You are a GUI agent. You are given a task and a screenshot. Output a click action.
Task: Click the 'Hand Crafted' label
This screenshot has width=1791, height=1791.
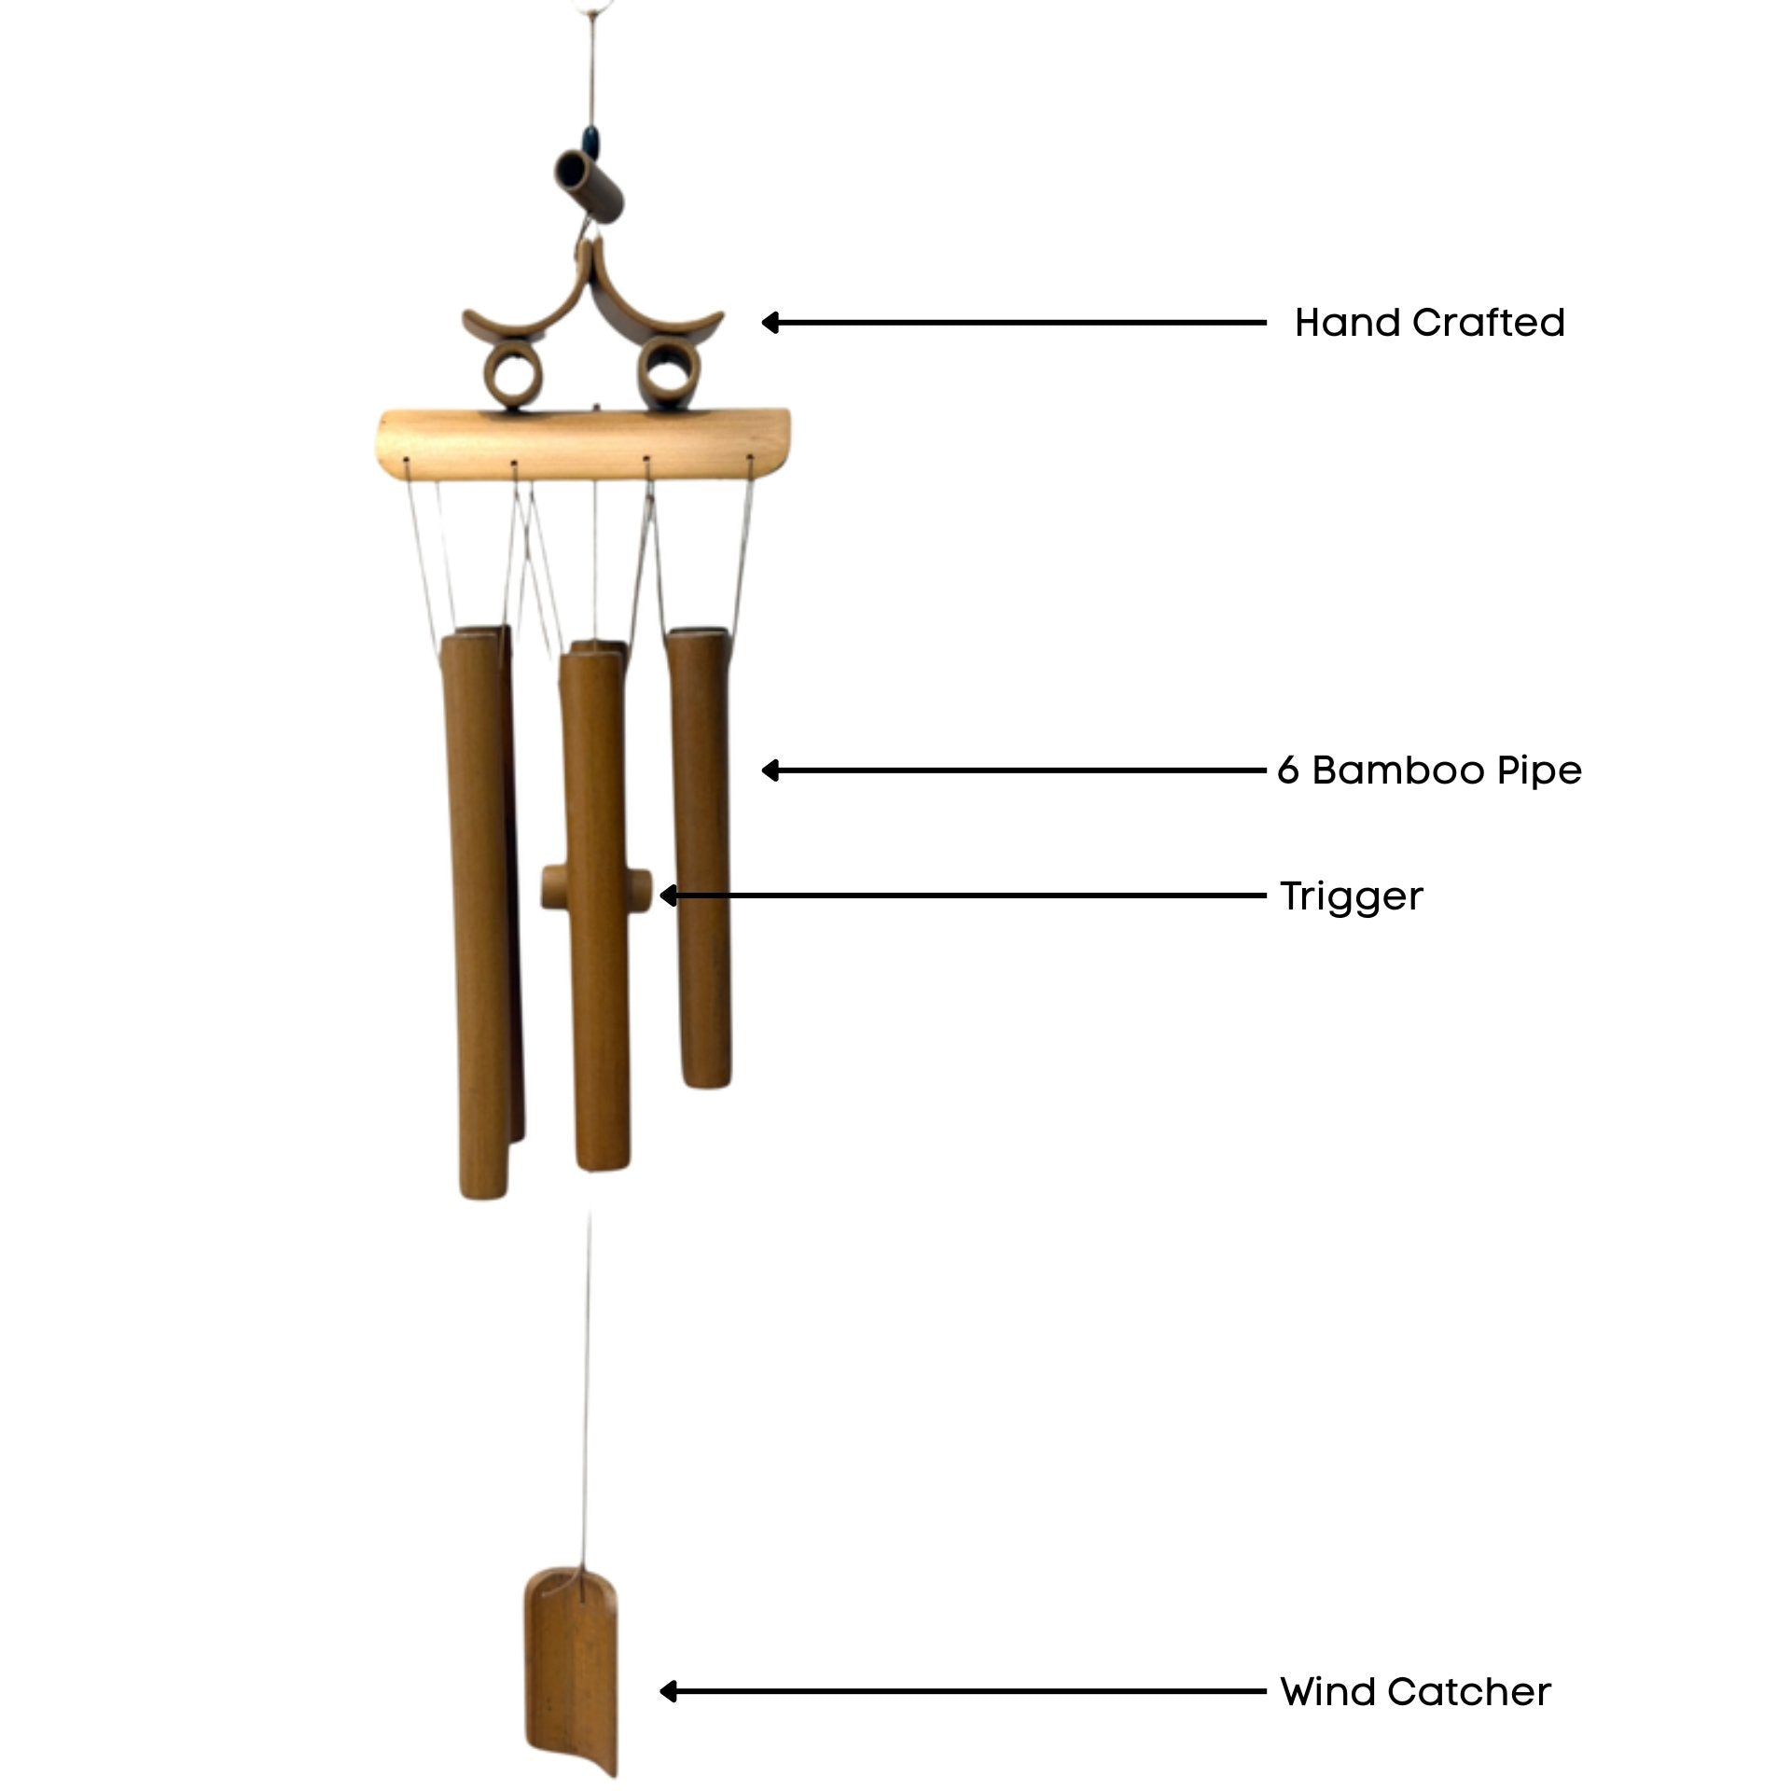click(x=1429, y=323)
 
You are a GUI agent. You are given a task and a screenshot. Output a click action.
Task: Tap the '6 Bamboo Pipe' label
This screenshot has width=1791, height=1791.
click(x=1429, y=771)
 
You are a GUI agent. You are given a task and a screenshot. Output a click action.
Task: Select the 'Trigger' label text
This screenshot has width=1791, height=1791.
click(x=1351, y=896)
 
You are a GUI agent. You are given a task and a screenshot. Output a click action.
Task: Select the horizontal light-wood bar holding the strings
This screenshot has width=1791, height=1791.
click(x=582, y=446)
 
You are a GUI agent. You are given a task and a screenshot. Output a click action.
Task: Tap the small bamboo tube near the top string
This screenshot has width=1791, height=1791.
click(x=589, y=186)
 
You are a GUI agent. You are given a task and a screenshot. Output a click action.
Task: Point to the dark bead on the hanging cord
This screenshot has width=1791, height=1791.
click(x=590, y=141)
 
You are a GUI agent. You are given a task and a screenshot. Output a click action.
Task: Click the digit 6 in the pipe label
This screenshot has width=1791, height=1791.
click(x=1288, y=771)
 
